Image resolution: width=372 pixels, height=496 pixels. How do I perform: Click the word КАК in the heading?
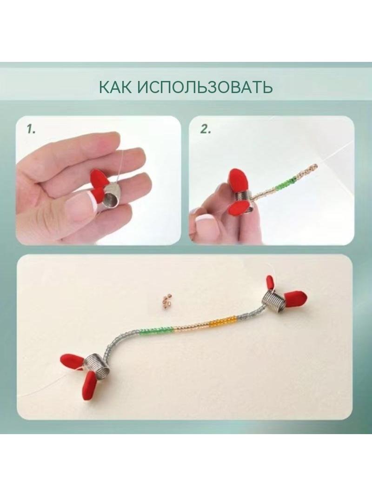click(x=115, y=87)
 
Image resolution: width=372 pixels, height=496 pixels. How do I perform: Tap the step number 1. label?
click(x=31, y=129)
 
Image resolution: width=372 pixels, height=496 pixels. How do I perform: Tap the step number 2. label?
click(x=206, y=129)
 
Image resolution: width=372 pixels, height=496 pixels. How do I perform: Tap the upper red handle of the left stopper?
click(x=73, y=360)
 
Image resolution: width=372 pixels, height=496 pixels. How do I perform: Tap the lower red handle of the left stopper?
click(x=91, y=383)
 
